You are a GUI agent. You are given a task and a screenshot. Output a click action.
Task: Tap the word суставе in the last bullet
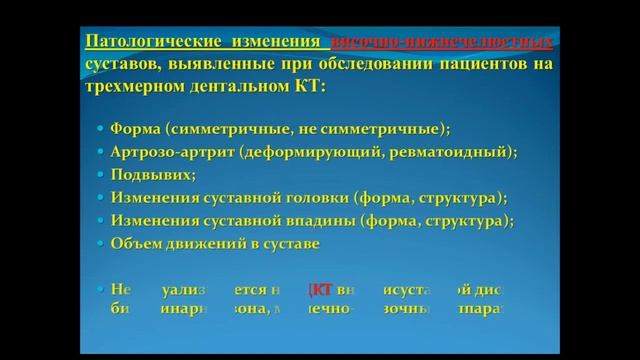click(x=298, y=240)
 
